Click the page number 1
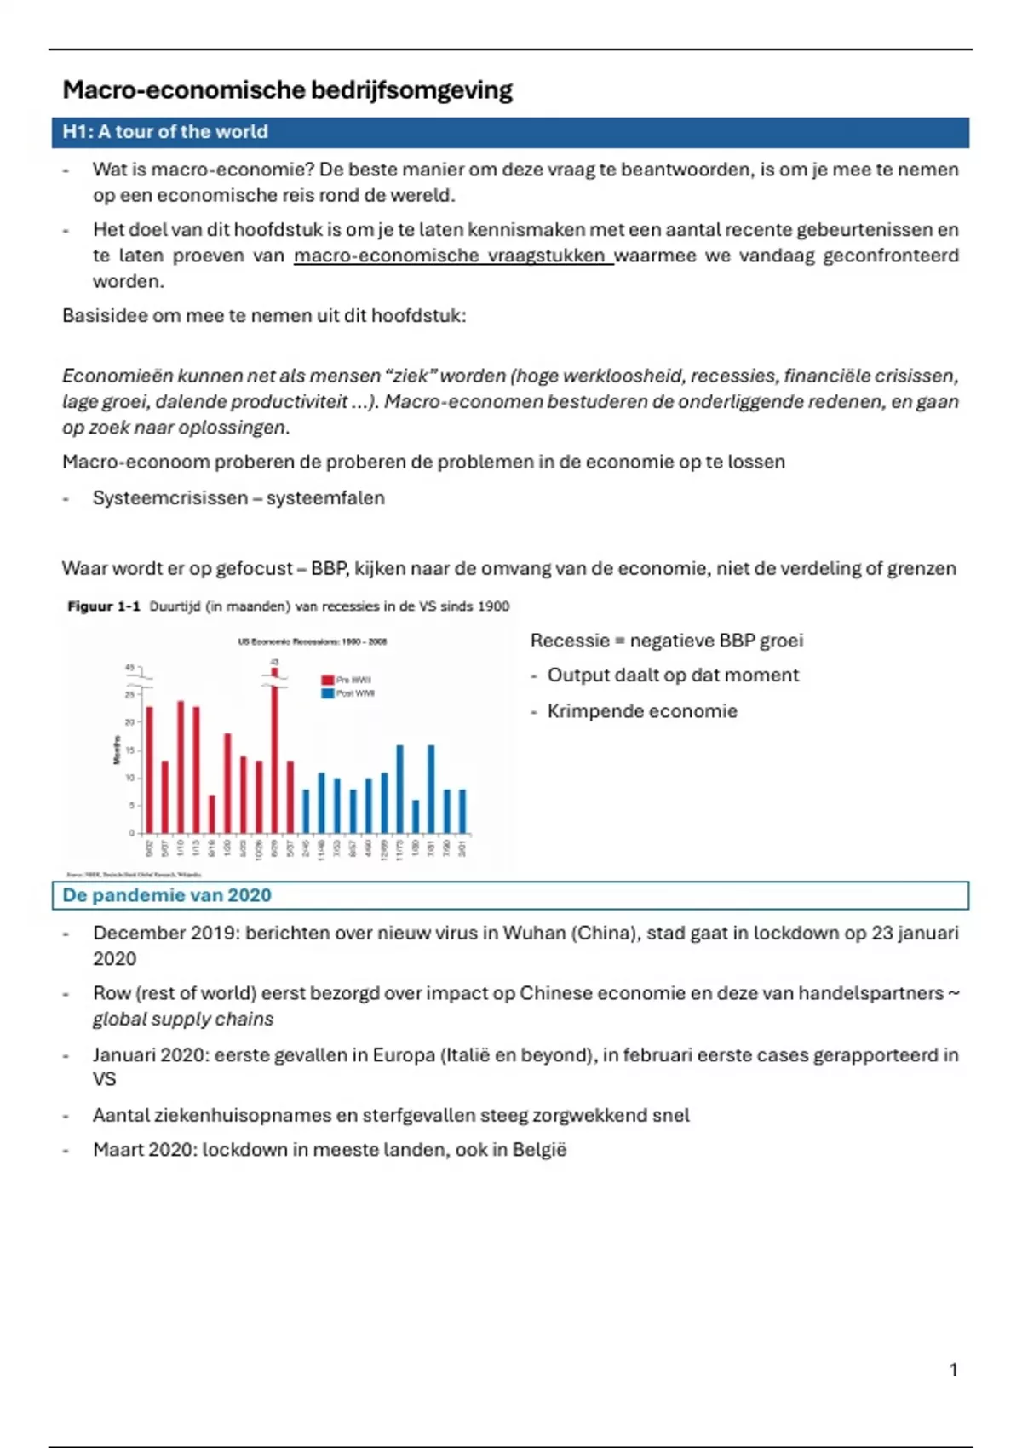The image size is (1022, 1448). [953, 1370]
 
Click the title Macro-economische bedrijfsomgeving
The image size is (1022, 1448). [287, 90]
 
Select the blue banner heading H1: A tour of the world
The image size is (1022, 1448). [165, 132]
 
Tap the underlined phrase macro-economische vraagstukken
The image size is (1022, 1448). [452, 256]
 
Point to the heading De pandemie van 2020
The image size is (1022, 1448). [167, 895]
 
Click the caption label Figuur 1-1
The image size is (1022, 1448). [103, 606]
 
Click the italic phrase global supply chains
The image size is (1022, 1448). [183, 1020]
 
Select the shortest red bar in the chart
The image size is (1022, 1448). [212, 813]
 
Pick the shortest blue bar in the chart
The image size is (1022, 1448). [416, 816]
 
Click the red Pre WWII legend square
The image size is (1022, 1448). [327, 680]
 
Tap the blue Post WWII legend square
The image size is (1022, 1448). [327, 693]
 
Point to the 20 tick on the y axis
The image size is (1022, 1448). [130, 722]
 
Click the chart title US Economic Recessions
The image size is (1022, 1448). [312, 641]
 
